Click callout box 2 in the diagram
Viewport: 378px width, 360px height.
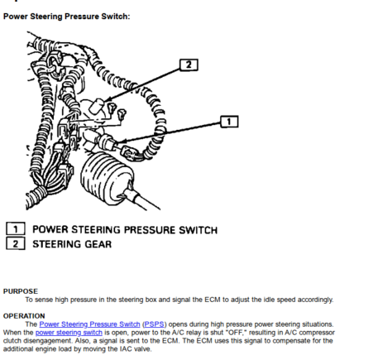point(189,65)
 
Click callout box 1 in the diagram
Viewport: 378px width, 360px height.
point(229,122)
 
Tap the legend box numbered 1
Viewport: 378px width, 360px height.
point(16,229)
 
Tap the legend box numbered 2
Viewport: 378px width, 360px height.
point(16,243)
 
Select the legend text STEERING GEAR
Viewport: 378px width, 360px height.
point(72,244)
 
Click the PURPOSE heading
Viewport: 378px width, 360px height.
point(21,291)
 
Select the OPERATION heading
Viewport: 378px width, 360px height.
point(24,316)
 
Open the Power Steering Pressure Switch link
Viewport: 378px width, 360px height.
point(89,324)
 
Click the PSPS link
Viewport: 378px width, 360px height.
point(154,324)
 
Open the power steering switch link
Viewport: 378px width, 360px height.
point(69,333)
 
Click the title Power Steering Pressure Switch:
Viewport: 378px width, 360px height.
point(66,17)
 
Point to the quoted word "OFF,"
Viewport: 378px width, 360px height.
point(236,333)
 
